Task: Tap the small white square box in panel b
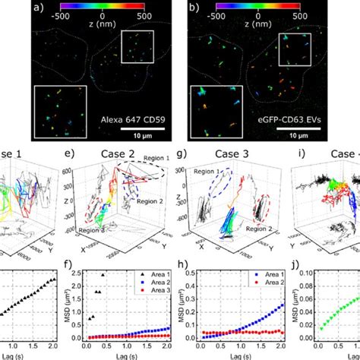click(292, 49)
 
